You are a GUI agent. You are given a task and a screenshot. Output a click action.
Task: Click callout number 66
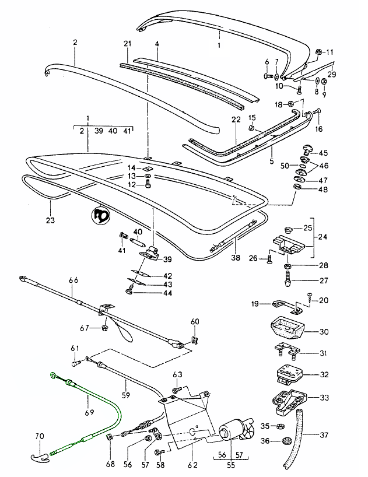point(73,280)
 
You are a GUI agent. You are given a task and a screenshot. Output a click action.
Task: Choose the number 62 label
point(193,465)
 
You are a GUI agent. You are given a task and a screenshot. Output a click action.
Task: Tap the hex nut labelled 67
point(104,328)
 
